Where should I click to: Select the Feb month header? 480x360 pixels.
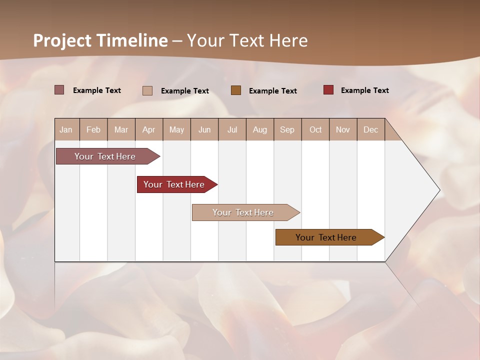tap(93, 129)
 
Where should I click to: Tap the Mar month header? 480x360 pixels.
tap(121, 129)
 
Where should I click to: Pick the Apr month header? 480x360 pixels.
tap(149, 129)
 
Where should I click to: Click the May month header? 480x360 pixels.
tap(176, 129)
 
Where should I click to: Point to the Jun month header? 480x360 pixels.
tap(204, 129)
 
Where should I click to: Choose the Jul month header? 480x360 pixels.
tap(232, 129)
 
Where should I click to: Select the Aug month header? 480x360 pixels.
tap(260, 129)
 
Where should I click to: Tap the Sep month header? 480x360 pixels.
tap(287, 129)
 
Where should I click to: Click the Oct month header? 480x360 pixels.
tap(315, 129)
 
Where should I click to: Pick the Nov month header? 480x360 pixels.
tap(343, 129)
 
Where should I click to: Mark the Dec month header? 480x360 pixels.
tap(370, 129)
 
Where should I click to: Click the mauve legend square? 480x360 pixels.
tap(59, 90)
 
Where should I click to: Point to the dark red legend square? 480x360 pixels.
tap(328, 90)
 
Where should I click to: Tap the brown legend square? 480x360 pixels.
tap(236, 90)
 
